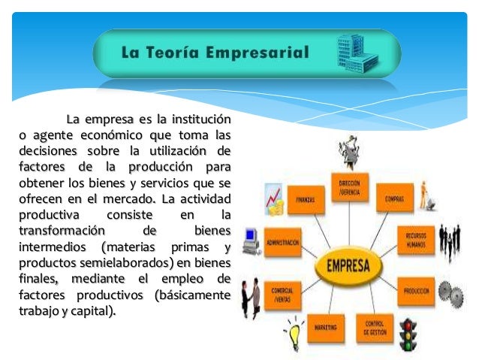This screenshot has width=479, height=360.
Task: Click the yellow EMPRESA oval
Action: [x=348, y=266]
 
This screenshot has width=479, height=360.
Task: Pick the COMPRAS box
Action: [x=395, y=199]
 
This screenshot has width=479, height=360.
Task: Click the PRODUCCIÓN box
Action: [x=415, y=289]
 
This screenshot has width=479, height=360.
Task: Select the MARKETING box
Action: [x=324, y=328]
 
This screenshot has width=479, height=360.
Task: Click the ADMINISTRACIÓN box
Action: [x=282, y=243]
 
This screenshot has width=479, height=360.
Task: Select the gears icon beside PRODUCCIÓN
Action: [x=450, y=290]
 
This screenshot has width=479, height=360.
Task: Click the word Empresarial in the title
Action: [x=264, y=53]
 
